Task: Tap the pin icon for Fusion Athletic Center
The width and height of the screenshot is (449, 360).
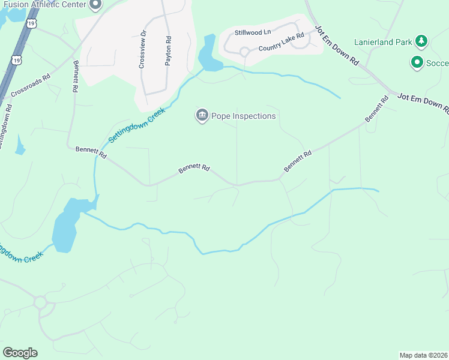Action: (95, 5)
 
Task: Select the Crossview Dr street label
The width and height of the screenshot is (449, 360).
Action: (142, 49)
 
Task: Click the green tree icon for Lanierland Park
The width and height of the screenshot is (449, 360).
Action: (422, 41)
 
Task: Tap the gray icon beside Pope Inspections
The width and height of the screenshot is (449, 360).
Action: (202, 115)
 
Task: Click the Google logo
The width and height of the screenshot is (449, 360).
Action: (20, 353)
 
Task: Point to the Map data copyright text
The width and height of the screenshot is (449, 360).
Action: (423, 355)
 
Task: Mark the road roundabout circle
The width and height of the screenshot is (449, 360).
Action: (41, 302)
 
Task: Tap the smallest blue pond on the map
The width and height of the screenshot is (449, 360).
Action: (20, 145)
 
